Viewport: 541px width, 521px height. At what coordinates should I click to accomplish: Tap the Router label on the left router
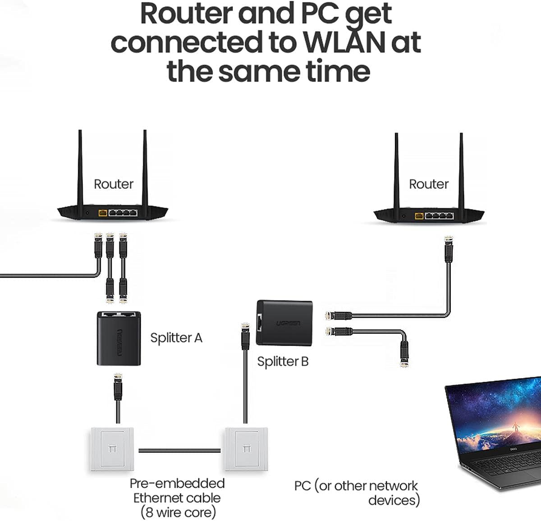(x=113, y=184)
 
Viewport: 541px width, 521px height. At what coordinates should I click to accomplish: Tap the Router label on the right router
(x=428, y=184)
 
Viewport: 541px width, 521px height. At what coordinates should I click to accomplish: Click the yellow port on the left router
(x=103, y=212)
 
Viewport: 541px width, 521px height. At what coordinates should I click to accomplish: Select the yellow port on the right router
(x=419, y=215)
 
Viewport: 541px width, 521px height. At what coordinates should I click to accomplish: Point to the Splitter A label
(x=176, y=338)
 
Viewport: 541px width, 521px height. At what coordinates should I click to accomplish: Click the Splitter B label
(x=283, y=361)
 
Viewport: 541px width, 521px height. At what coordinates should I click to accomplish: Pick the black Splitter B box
(x=284, y=323)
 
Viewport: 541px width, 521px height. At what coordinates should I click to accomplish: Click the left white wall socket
(x=112, y=449)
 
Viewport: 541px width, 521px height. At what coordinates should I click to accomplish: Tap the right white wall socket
(x=246, y=449)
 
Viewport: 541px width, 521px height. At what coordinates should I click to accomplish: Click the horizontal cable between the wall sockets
(x=179, y=450)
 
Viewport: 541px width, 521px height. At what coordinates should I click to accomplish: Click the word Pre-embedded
(x=177, y=483)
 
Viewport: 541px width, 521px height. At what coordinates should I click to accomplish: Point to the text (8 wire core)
(x=178, y=512)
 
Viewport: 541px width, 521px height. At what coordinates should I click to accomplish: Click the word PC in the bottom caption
(x=303, y=486)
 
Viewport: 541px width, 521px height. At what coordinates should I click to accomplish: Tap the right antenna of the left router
(x=145, y=167)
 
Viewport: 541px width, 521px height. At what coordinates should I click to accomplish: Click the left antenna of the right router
(x=396, y=169)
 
